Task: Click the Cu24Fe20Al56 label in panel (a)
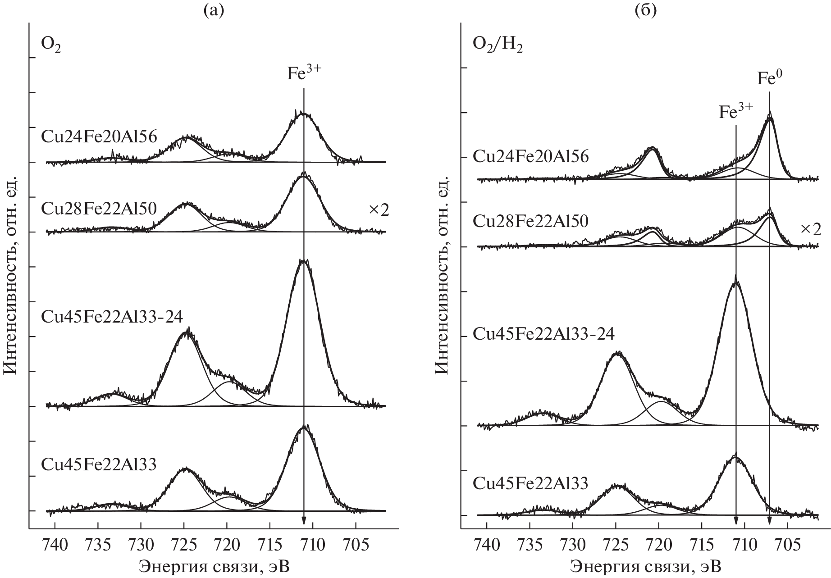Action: pos(99,137)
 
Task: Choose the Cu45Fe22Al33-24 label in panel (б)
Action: pos(544,334)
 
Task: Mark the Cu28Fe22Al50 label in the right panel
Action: pos(531,221)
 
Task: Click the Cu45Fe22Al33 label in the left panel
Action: pos(99,464)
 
